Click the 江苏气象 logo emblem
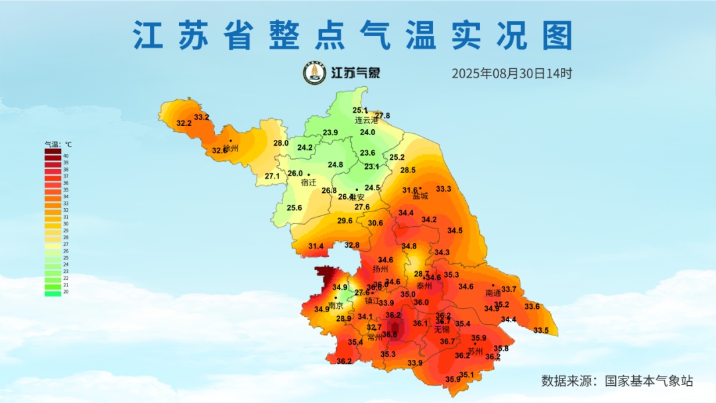click(314, 74)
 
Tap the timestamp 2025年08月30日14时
click(512, 74)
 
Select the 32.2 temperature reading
click(184, 123)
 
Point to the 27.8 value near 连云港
click(383, 116)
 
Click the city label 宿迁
click(308, 182)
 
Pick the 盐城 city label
click(420, 196)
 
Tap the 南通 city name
click(493, 293)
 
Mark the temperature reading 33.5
click(541, 330)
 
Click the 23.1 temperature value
click(371, 166)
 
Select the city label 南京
click(336, 306)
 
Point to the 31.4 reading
click(316, 247)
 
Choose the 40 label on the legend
click(66, 156)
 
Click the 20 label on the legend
click(66, 292)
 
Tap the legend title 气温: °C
click(58, 144)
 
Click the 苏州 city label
click(475, 351)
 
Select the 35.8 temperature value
click(501, 349)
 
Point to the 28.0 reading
click(281, 143)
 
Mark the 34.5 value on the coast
click(455, 231)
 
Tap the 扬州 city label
click(381, 269)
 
